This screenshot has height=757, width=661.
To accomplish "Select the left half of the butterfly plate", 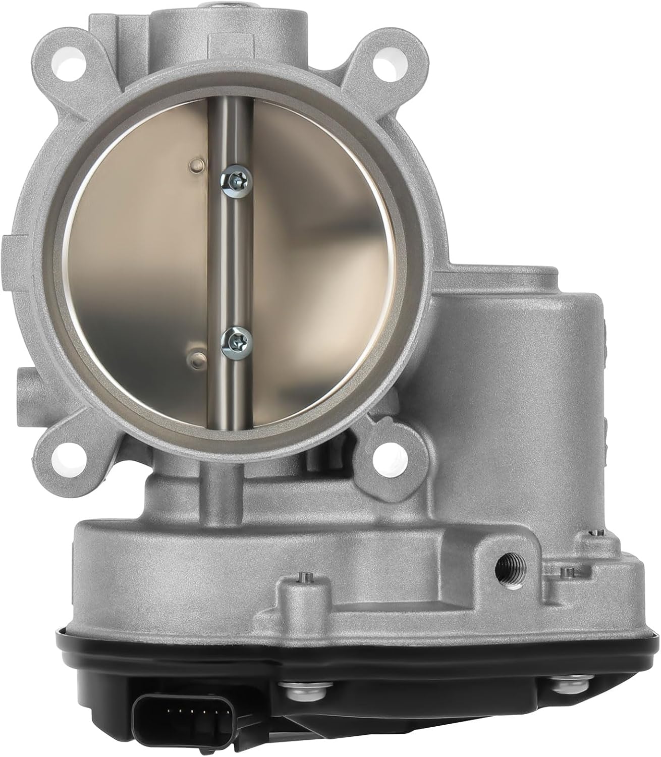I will [146, 262].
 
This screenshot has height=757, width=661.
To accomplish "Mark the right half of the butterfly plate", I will [313, 262].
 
